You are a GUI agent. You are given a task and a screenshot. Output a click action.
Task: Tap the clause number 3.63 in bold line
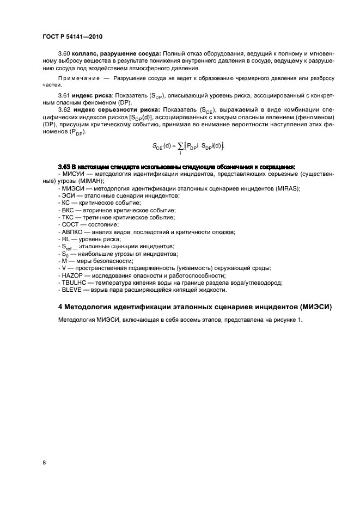coord(65,167)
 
